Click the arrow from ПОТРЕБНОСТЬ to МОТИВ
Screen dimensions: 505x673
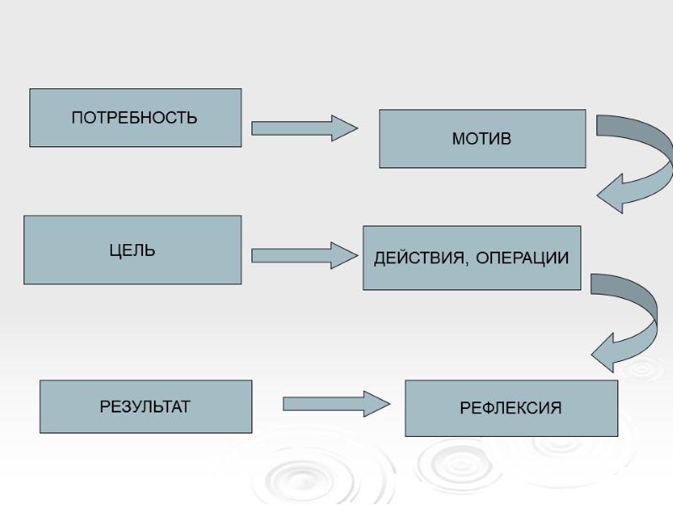pos(304,128)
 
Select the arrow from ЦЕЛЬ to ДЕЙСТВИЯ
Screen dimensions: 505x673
pos(304,255)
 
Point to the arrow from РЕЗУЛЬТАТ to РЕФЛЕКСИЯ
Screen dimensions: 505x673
pos(336,404)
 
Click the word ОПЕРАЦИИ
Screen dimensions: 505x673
pos(522,258)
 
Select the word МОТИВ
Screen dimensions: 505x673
pos(482,139)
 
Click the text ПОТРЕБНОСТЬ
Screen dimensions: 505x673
pos(135,118)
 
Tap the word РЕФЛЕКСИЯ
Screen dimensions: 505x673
pos(511,409)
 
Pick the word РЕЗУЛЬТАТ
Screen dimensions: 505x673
pos(146,407)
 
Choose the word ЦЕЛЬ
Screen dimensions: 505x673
pos(132,251)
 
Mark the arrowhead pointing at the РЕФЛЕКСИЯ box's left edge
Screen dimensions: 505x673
pos(378,404)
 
